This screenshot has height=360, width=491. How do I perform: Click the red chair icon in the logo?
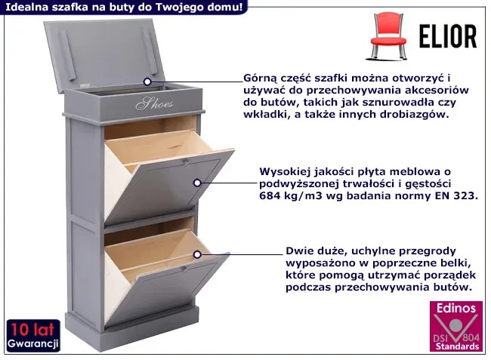tap(388, 36)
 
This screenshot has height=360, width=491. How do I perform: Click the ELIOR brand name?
tap(448, 36)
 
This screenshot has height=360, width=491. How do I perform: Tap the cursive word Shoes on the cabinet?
tap(154, 103)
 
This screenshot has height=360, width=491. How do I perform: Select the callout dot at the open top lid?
tap(147, 82)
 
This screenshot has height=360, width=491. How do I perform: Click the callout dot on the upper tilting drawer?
tap(197, 183)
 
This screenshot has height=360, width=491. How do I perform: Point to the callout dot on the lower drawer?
tap(197, 254)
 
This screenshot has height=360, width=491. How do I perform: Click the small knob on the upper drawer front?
tap(185, 162)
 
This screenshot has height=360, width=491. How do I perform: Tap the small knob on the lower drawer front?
tap(184, 268)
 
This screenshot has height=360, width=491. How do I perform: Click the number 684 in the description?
tap(270, 195)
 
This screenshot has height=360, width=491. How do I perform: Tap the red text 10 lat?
tap(32, 329)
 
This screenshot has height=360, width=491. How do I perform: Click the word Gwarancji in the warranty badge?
tap(33, 343)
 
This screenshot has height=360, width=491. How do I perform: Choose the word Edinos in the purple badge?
tap(456, 309)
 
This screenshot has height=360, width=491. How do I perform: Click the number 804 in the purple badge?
tap(471, 338)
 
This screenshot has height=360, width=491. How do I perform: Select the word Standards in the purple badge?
tap(457, 346)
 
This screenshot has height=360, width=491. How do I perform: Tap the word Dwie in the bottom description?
tap(300, 251)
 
